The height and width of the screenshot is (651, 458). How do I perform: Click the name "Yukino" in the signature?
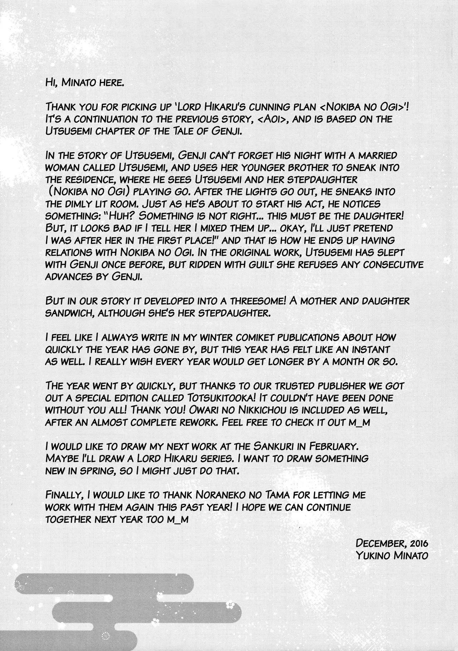tap(370, 555)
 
